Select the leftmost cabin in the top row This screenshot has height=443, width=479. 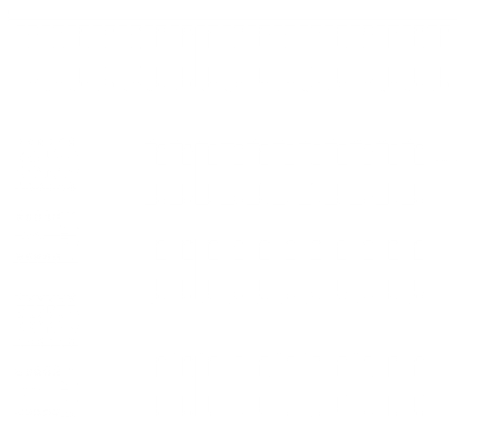(x=27, y=57)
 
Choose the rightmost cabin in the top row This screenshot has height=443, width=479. (x=439, y=57)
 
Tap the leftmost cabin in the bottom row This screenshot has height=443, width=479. (x=155, y=386)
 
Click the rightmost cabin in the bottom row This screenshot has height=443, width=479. (x=414, y=386)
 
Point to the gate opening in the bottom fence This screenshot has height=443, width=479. (x=124, y=424)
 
